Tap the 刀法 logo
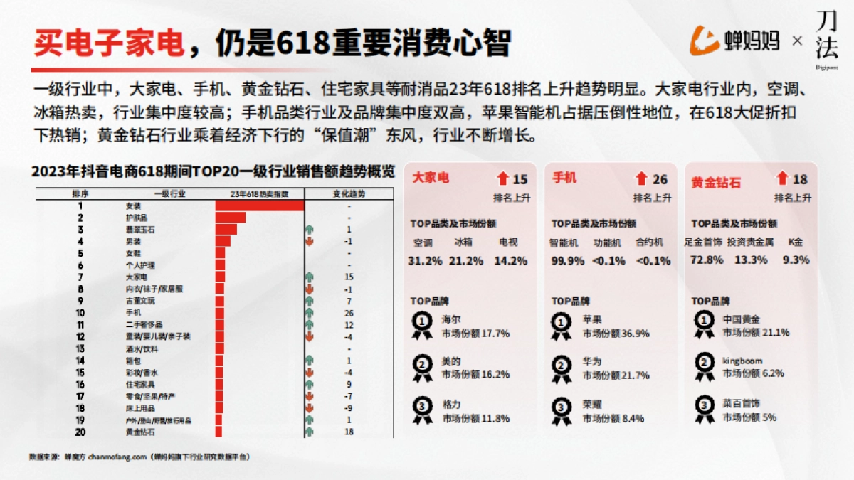(x=826, y=41)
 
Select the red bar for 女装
(x=260, y=206)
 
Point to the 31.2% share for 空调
(x=425, y=260)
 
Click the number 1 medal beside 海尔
(x=423, y=324)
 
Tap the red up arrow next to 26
(x=642, y=179)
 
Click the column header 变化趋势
(x=349, y=193)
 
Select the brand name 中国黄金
(x=742, y=320)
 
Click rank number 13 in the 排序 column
(x=80, y=348)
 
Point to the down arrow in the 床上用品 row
(x=309, y=408)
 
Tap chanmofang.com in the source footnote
(x=118, y=456)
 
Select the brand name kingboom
(x=742, y=361)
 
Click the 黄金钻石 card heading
(x=716, y=183)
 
